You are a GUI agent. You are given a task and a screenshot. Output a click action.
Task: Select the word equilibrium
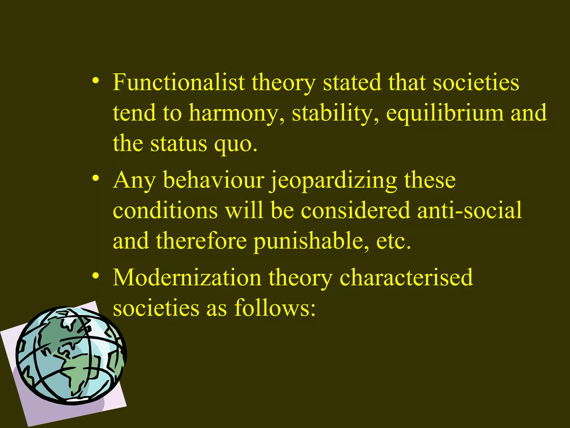pyautogui.click(x=445, y=113)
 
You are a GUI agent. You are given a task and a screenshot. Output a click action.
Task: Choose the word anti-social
pyautogui.click(x=470, y=210)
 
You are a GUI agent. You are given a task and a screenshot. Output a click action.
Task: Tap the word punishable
pyautogui.click(x=311, y=241)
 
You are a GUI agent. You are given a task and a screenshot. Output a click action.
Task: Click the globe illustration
pyautogui.click(x=71, y=355)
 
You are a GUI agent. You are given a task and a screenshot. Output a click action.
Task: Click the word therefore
pyautogui.click(x=201, y=241)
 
